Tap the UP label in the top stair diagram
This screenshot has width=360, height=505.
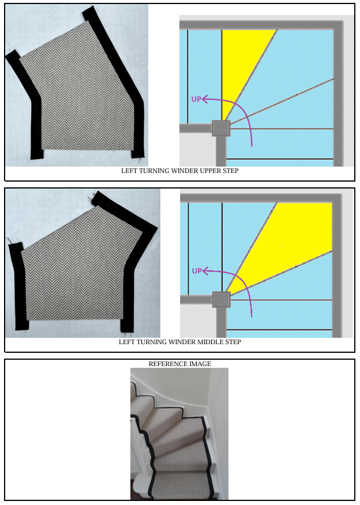click(x=196, y=99)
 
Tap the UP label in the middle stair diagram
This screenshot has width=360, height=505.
click(x=197, y=271)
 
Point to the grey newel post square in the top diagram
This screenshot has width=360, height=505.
click(x=221, y=128)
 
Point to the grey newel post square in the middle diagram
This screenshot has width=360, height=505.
click(x=221, y=300)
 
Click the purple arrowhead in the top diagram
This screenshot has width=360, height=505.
click(x=205, y=99)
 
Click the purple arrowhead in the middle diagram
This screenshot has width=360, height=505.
click(x=205, y=271)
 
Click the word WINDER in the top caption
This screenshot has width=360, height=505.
click(x=185, y=171)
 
